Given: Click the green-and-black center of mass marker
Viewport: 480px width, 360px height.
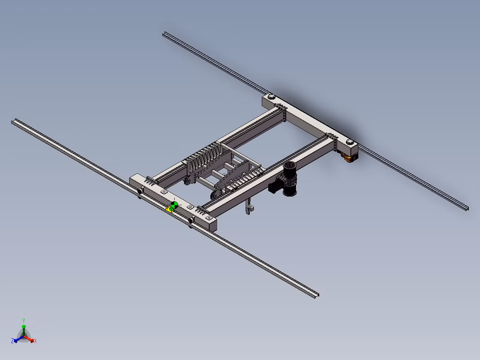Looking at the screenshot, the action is [x=174, y=205].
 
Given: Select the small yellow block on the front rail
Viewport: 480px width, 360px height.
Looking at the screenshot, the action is [x=169, y=210].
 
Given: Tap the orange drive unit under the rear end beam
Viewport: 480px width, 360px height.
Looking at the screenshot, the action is [x=349, y=157].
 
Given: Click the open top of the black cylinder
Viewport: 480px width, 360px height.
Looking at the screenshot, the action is [x=290, y=165].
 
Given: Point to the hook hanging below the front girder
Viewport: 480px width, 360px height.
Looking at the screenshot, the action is [x=249, y=207].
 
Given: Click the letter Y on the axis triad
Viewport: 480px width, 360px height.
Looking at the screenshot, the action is [x=24, y=321].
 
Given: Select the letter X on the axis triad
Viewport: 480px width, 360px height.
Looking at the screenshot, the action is [x=35, y=340].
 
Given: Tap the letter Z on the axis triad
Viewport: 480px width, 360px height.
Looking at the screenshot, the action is [x=12, y=340].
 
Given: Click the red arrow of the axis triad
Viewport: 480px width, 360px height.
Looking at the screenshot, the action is [x=29, y=339].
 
